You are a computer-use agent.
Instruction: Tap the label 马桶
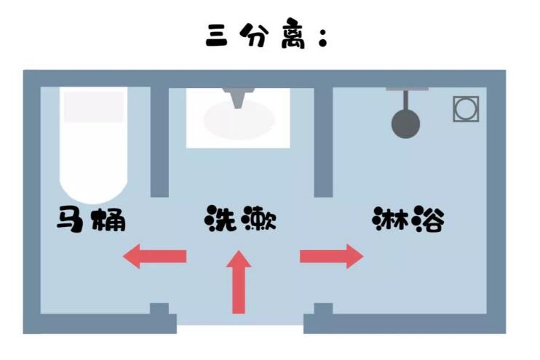(x=91, y=219)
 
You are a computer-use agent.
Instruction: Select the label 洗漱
(x=240, y=219)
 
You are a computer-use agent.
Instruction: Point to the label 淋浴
(x=408, y=219)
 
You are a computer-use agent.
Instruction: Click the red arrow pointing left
(x=154, y=257)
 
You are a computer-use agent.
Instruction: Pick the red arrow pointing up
(x=239, y=282)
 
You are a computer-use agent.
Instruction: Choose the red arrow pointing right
(x=332, y=257)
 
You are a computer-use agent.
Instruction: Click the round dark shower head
(x=405, y=124)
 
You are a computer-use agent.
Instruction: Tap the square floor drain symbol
(x=466, y=109)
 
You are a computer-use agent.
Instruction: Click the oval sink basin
(x=239, y=120)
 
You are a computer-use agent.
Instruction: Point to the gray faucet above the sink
(x=238, y=98)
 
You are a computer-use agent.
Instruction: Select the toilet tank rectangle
(x=94, y=107)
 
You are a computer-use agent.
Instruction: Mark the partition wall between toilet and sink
(x=159, y=142)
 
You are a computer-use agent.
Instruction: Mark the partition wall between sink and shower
(x=323, y=142)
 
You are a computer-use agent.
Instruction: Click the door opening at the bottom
(x=240, y=329)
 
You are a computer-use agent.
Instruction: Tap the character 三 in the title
(x=217, y=36)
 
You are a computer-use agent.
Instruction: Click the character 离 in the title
(x=293, y=36)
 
